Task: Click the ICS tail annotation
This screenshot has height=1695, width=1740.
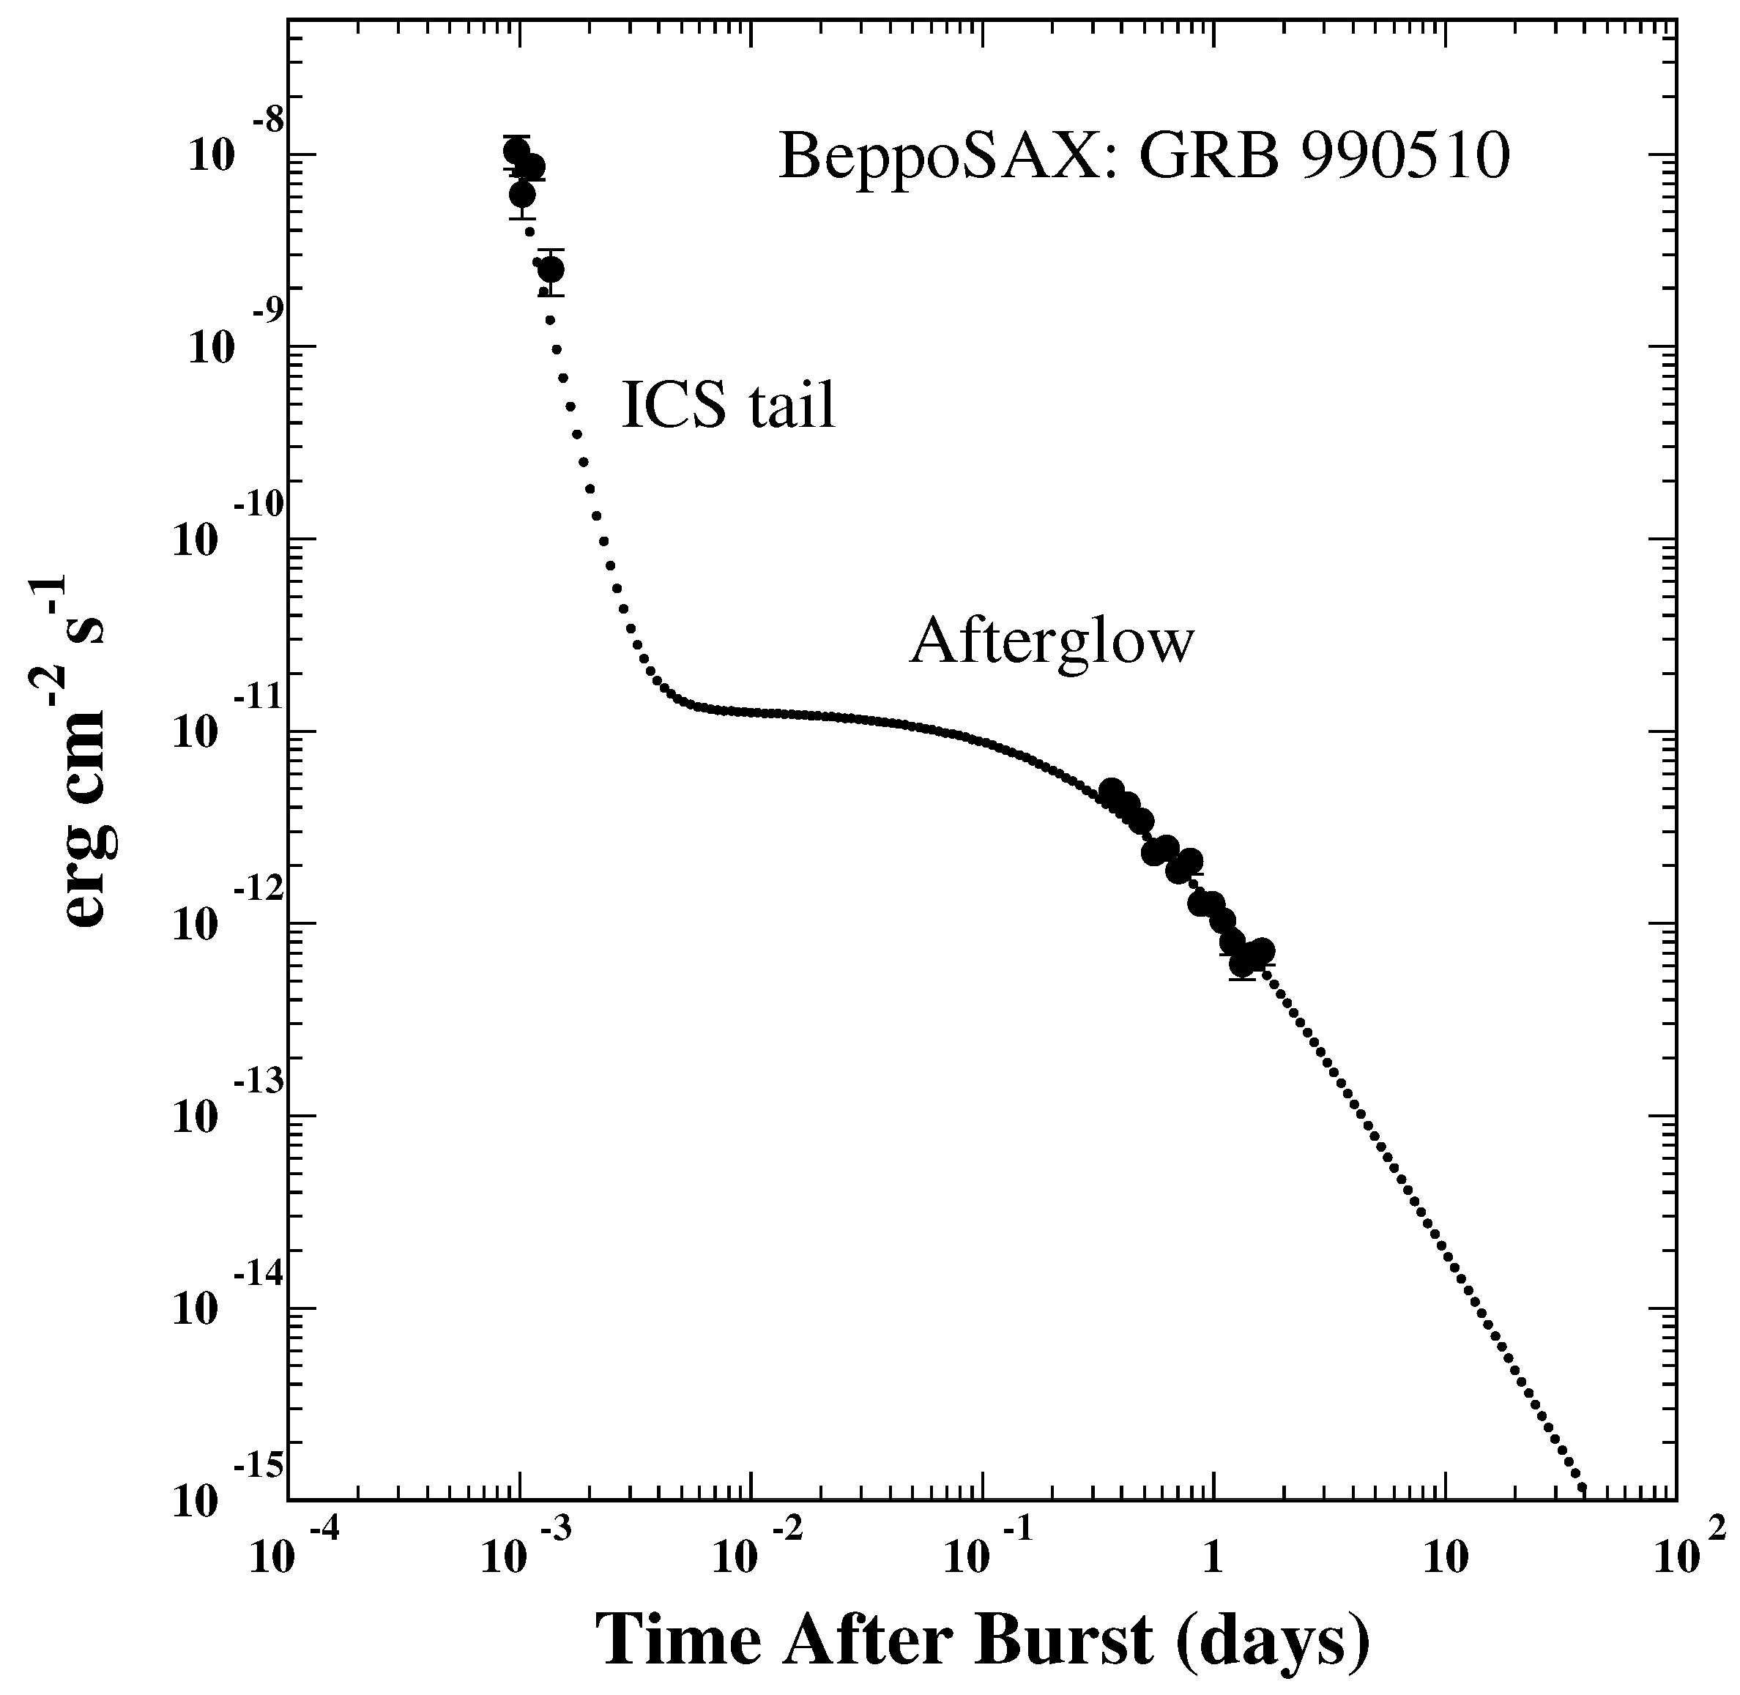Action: (729, 405)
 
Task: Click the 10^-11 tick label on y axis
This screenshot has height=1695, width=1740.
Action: (223, 723)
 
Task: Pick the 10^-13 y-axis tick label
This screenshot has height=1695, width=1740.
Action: (223, 1109)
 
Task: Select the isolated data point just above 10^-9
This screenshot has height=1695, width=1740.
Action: (551, 269)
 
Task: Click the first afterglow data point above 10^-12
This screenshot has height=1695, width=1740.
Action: (1110, 791)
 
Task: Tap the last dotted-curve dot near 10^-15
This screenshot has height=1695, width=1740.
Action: (1583, 1488)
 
